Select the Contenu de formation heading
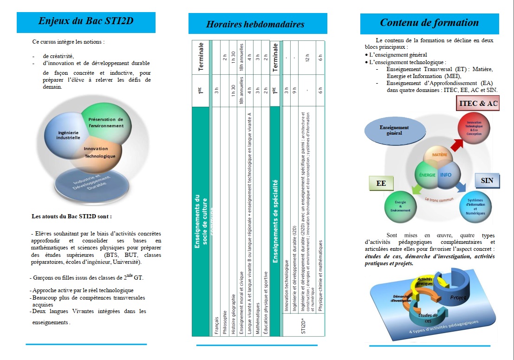(x=429, y=23)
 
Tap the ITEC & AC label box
(x=478, y=104)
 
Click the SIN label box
(x=487, y=181)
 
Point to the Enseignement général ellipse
(x=394, y=130)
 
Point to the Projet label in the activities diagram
(x=458, y=297)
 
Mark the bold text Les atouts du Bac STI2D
(x=72, y=216)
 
